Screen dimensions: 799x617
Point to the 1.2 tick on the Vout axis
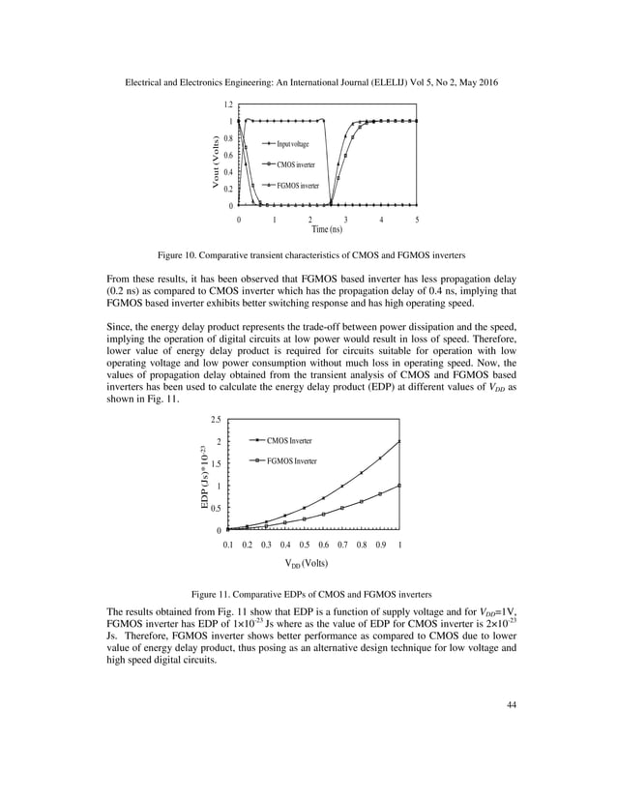point(228,104)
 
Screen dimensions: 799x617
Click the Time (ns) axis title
point(327,229)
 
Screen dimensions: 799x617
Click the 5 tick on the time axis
point(416,220)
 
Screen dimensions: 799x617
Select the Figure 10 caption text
point(308,255)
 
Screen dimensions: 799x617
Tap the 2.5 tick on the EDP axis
point(215,420)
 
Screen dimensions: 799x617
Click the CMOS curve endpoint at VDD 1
point(399,441)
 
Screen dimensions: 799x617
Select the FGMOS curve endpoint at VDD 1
point(399,486)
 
